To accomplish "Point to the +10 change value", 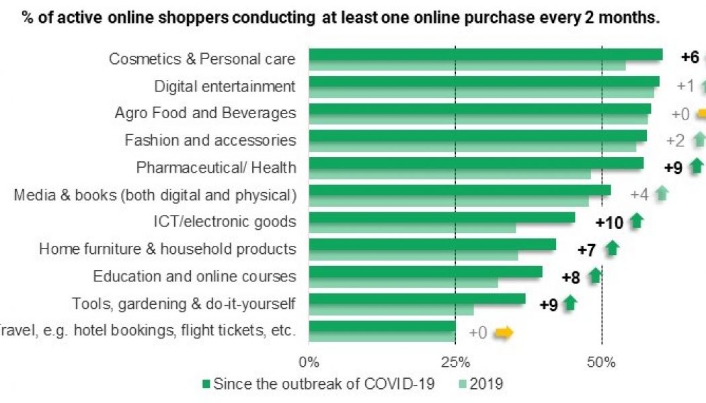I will [609, 222].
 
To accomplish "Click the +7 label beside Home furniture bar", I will [587, 251].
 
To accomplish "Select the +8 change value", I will [571, 277].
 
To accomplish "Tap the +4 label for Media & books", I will [639, 195].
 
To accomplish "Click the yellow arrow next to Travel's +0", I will [504, 332].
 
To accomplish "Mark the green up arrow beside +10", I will [636, 221].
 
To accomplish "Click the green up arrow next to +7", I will [611, 249].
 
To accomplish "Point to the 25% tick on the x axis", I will [455, 363].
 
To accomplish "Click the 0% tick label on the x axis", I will [309, 363].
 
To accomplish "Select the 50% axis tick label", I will [601, 363].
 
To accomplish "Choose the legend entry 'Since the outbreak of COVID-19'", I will [323, 384].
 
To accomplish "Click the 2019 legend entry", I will [486, 384].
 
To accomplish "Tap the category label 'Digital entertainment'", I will [225, 87].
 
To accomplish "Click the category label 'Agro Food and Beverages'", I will [205, 113].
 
